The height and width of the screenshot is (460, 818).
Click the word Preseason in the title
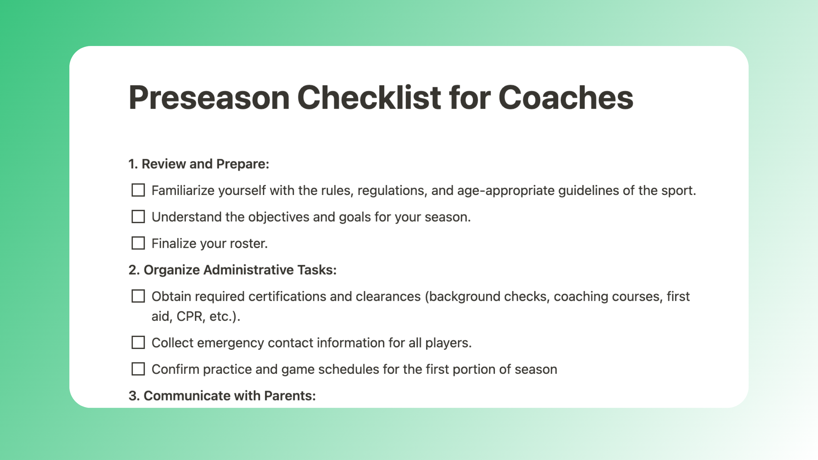[209, 98]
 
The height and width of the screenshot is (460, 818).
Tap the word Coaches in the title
[566, 98]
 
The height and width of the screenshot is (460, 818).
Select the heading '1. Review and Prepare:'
[199, 164]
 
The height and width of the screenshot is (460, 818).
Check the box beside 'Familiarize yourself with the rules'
[138, 190]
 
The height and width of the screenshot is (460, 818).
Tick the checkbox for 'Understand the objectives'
[138, 216]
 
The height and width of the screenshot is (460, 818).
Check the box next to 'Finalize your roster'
[138, 243]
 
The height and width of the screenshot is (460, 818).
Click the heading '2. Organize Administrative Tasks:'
[232, 270]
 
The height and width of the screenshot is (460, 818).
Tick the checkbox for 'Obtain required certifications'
[138, 296]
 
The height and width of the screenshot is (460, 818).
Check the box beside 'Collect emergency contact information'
[138, 342]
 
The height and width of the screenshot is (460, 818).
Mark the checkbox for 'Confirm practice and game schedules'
[138, 369]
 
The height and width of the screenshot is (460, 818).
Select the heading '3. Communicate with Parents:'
[222, 396]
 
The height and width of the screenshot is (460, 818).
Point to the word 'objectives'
[279, 217]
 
